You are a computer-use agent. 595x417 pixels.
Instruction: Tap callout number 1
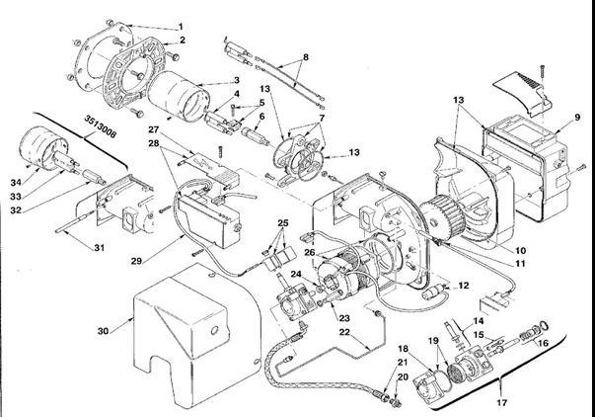tap(181, 25)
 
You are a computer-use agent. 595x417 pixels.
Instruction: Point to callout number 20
tap(401, 390)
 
